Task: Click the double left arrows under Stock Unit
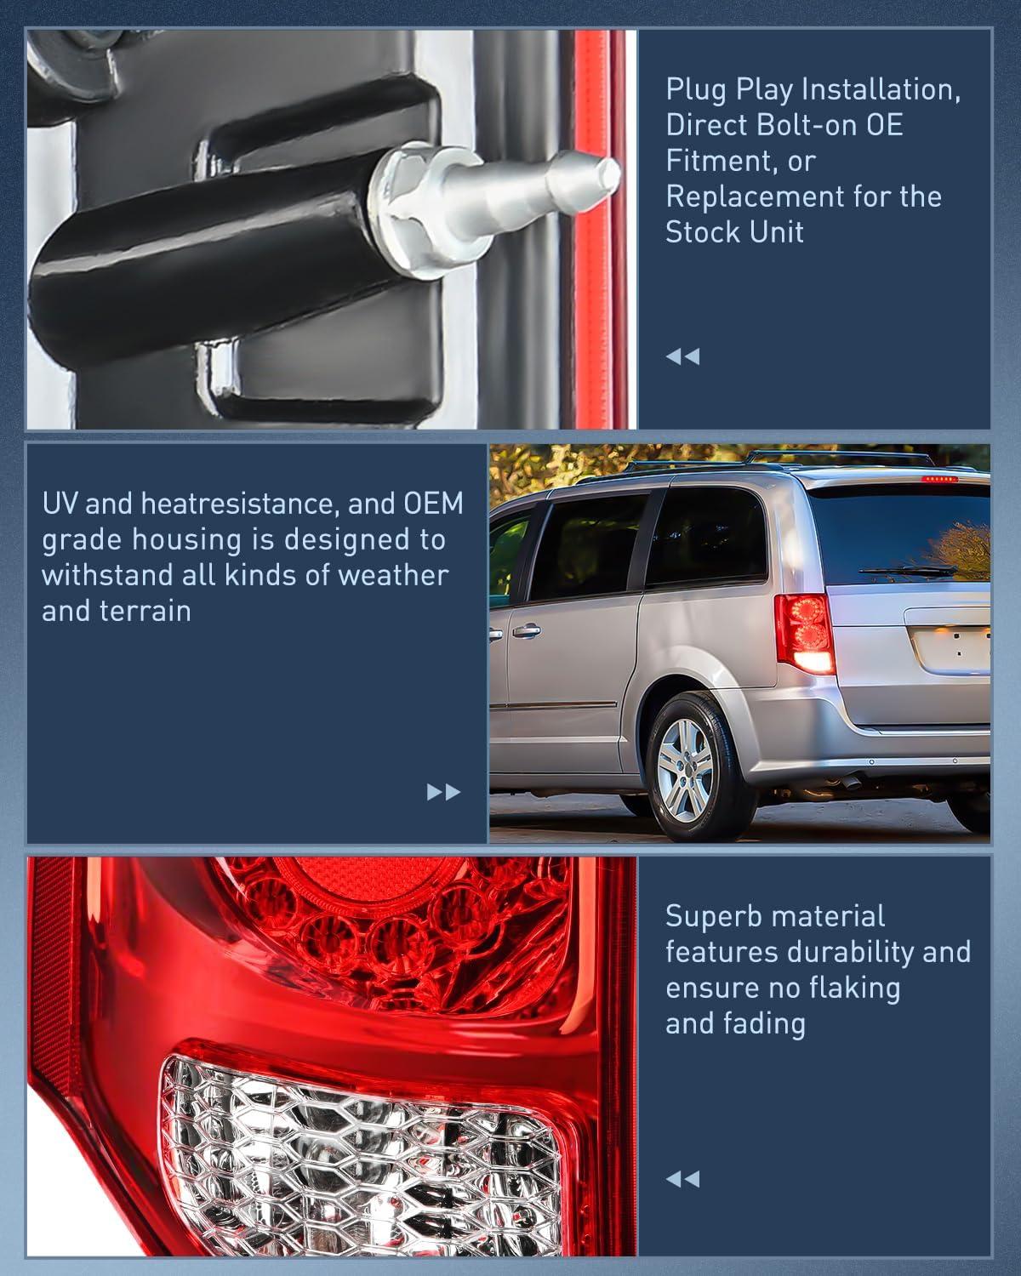coord(682,356)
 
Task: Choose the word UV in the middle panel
coord(60,504)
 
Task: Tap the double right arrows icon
coord(443,792)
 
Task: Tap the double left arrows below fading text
coord(682,1179)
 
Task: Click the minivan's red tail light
coord(803,629)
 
